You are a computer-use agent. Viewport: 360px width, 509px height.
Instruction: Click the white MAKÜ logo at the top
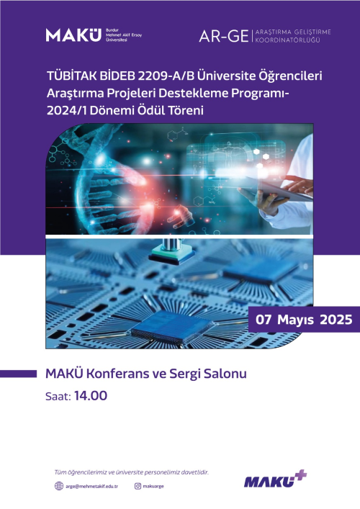73,35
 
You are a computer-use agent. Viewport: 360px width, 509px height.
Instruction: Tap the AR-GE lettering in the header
224,36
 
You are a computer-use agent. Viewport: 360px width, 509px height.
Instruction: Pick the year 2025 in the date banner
336,320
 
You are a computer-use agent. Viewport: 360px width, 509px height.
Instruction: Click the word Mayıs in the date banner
295,320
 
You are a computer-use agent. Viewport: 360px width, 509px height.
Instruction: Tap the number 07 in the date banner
264,320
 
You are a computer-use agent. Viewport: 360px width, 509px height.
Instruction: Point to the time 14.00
91,396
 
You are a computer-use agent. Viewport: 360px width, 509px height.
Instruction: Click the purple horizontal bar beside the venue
18,374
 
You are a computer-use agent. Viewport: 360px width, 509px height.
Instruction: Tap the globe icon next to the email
59,486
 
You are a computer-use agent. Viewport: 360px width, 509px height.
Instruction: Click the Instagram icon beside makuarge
138,486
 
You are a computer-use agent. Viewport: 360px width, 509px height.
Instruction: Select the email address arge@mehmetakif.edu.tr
91,486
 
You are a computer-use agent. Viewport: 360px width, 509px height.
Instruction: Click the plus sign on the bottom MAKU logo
300,475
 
